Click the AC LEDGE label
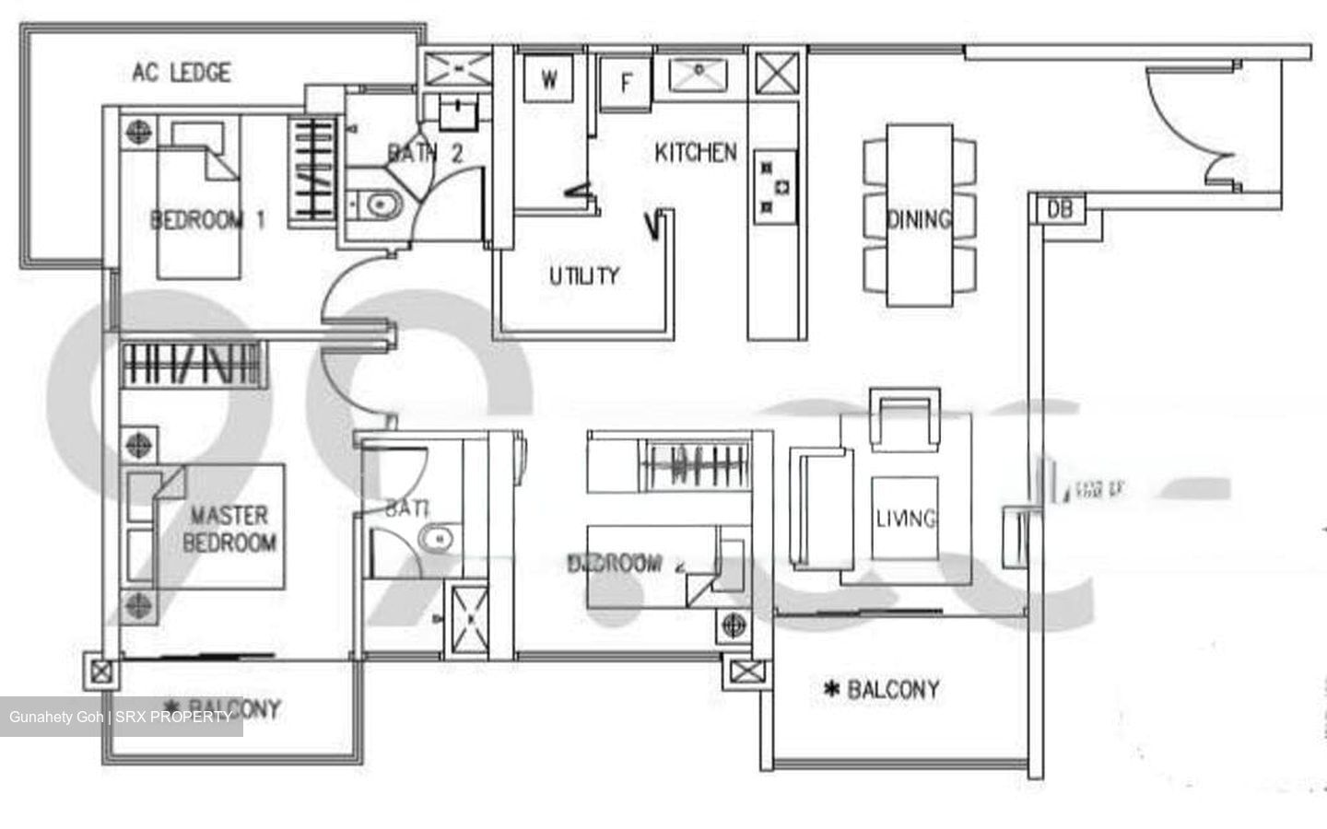(182, 72)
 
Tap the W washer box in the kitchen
(549, 79)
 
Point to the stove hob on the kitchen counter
(772, 187)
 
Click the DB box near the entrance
(1060, 210)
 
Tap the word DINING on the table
(918, 219)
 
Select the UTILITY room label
(584, 275)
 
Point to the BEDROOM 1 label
(207, 220)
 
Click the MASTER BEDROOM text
(230, 529)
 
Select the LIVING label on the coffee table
(906, 519)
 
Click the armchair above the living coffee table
(908, 420)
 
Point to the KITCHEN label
(696, 152)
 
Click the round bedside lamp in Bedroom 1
(136, 131)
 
